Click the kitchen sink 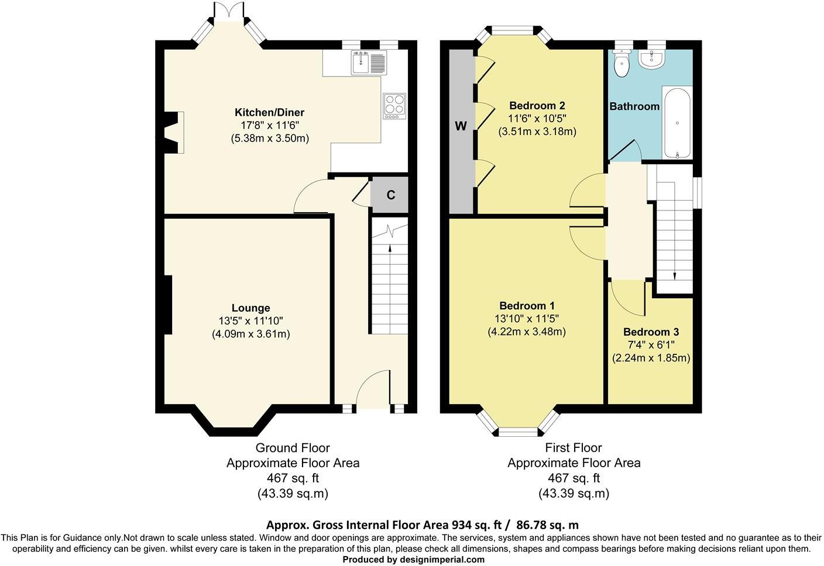coord(369,63)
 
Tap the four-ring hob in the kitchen coord(394,106)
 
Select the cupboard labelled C coord(390,195)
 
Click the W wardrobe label coord(461,126)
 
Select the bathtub coord(677,122)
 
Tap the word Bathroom coord(634,106)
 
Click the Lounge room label coord(250,308)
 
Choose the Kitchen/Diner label coord(269,112)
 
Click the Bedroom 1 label coord(527,306)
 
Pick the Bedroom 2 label coord(537,106)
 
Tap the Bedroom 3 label coord(651,332)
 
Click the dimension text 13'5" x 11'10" coord(250,321)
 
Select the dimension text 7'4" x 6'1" coord(651,345)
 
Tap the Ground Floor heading coord(293,448)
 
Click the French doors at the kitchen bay coord(228,12)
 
